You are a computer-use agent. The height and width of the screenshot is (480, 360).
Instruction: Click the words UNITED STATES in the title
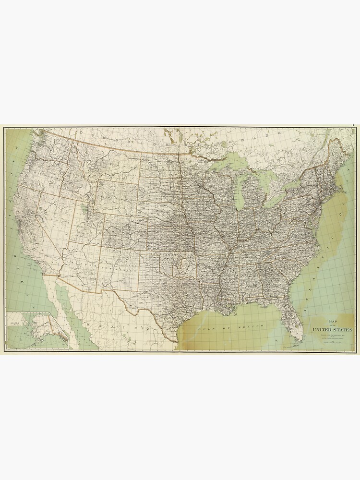tap(332, 330)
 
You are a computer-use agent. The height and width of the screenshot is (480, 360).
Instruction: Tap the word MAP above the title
tap(332, 321)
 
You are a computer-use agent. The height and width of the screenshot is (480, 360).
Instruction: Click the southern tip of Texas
tap(177, 341)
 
